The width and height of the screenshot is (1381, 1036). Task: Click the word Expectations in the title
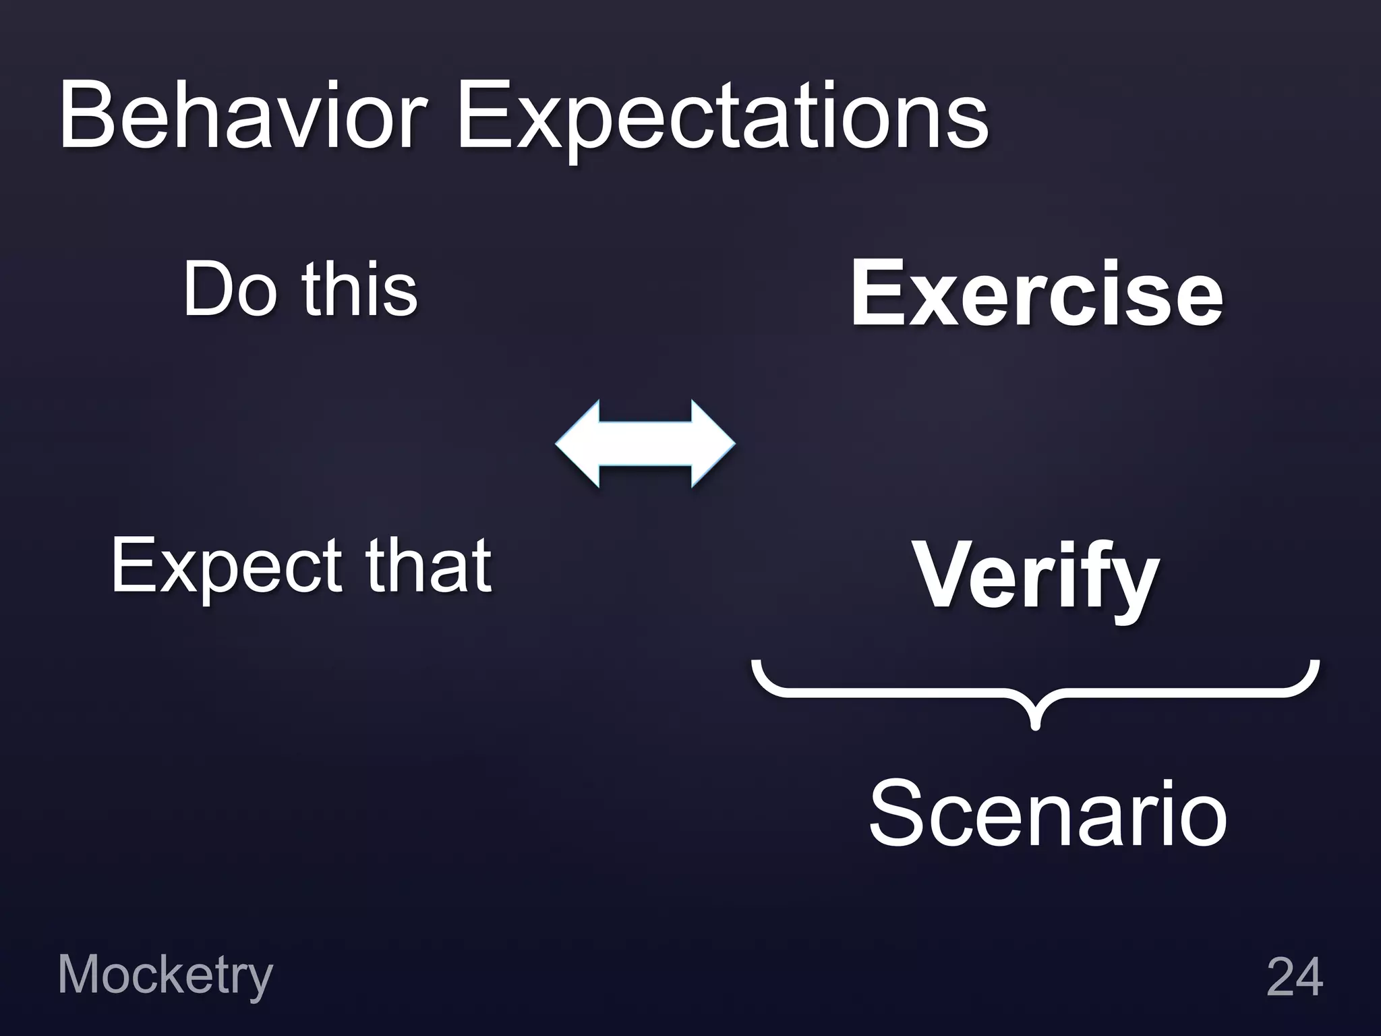pos(722,118)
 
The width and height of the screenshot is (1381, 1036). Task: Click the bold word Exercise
pos(1036,294)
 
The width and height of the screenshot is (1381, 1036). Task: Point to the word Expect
pos(229,567)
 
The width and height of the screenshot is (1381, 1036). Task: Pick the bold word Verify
pos(1036,577)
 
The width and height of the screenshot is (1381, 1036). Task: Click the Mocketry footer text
pos(165,975)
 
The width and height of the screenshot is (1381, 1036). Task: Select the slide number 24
pos(1294,977)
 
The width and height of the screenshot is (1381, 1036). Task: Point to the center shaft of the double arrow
pos(645,443)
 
